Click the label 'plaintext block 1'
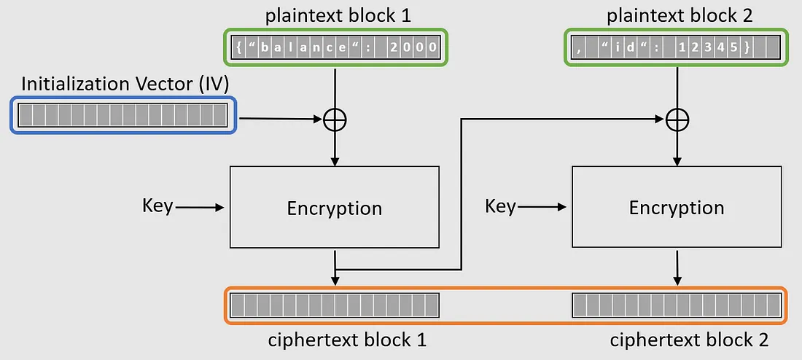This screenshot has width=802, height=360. point(334,14)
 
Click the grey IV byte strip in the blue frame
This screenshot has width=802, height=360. point(122,115)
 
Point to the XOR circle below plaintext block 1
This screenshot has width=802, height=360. point(334,118)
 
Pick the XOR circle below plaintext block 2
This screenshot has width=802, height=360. point(677,118)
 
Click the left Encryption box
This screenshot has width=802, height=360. point(334,208)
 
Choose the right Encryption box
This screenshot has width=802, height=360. point(676,208)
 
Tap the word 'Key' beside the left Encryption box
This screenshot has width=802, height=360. point(157,206)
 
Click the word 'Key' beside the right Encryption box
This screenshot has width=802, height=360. point(500,206)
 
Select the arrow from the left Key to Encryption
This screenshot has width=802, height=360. point(200,208)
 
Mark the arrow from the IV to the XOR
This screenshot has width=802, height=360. point(281,117)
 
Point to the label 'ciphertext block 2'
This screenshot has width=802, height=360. point(689,340)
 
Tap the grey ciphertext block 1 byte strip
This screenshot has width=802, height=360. point(334,305)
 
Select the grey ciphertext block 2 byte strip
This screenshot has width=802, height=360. point(676,305)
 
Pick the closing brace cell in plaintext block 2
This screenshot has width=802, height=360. point(747,48)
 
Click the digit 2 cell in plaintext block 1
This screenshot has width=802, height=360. point(394,48)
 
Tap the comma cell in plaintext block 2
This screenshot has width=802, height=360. point(578,48)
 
